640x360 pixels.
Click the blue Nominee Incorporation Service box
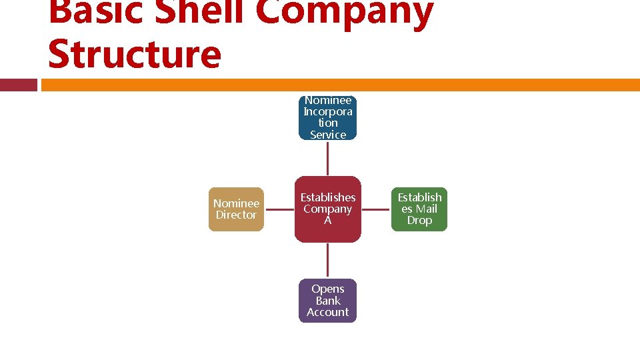tap(327, 118)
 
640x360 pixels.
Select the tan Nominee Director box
tap(236, 209)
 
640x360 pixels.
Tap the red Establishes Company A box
tap(327, 209)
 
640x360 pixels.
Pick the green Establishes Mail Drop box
tap(419, 209)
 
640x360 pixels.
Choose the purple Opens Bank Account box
tap(327, 301)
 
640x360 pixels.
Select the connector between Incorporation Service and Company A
tap(327, 158)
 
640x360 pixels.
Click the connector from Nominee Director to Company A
tap(279, 209)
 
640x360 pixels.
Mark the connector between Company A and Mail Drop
tap(375, 209)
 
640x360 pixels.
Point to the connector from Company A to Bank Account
tap(327, 261)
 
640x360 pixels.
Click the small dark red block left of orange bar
tap(19, 85)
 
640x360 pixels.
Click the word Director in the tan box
tap(236, 215)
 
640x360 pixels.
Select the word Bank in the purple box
tap(327, 301)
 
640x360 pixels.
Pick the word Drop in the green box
tap(419, 221)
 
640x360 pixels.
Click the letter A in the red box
tap(327, 221)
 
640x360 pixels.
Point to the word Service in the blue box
tap(327, 135)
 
